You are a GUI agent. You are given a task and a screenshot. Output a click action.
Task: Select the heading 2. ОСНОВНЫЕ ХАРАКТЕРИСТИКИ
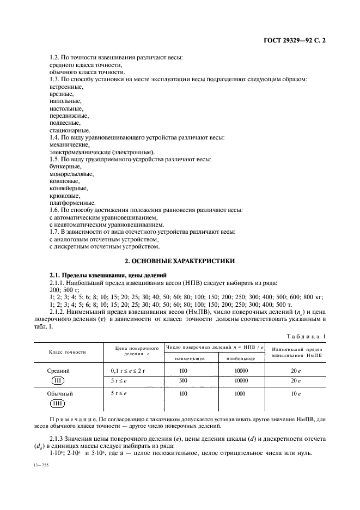180,261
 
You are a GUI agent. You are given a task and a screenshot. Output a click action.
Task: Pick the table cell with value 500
183,380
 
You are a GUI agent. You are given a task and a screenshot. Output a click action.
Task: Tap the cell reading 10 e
296,393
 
